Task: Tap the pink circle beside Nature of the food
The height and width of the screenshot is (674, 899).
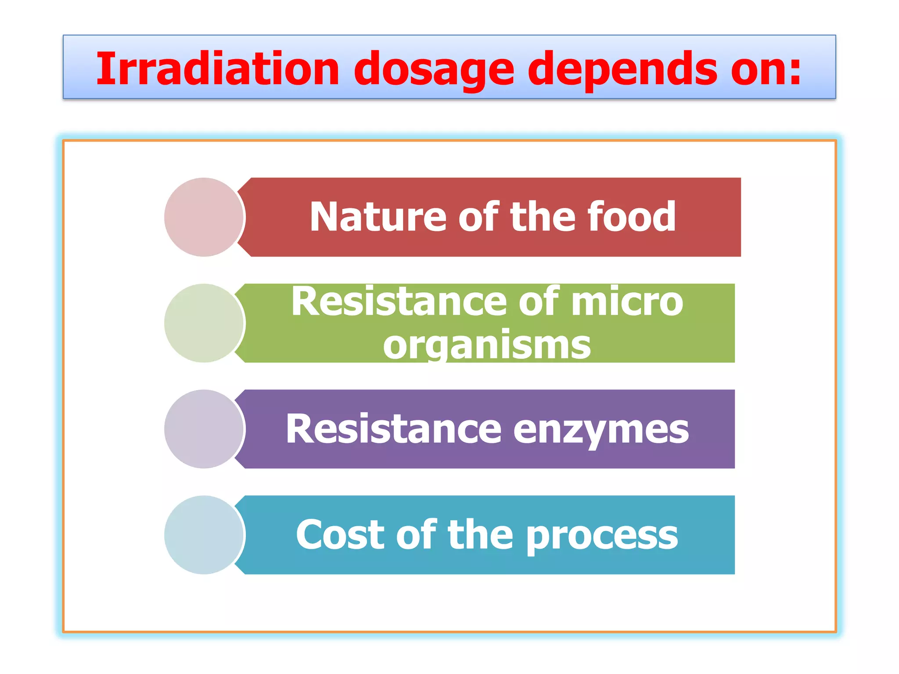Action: [x=204, y=217]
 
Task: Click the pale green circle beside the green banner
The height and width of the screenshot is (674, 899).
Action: [x=204, y=323]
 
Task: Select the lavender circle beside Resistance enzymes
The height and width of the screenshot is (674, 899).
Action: [x=204, y=429]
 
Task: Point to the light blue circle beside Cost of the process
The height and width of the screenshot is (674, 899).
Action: [x=204, y=535]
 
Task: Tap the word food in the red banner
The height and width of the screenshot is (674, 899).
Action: [x=632, y=217]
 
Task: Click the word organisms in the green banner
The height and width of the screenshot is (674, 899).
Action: [x=487, y=346]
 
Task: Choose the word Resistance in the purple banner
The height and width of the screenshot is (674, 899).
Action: [x=393, y=429]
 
